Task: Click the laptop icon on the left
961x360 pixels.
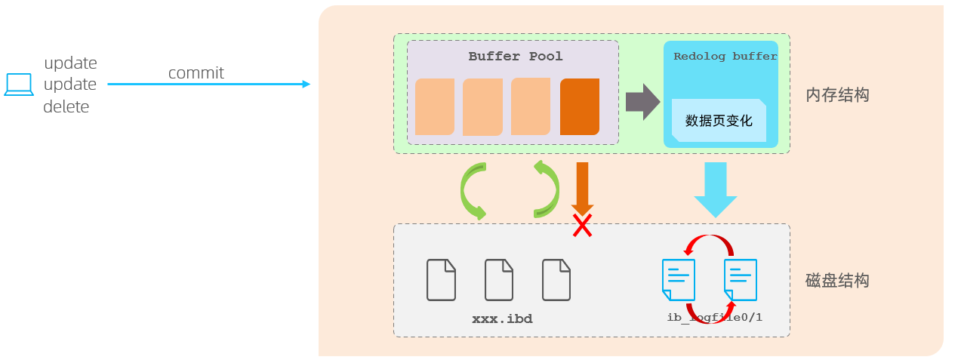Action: point(19,85)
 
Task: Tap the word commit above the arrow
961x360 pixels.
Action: point(196,72)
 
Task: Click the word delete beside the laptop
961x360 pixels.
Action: point(66,107)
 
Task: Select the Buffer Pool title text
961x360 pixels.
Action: point(516,57)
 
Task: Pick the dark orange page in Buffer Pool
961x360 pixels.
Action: point(580,106)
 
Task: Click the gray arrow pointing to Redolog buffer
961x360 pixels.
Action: point(642,102)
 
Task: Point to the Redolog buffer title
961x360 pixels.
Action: point(725,57)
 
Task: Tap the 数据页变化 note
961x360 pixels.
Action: point(719,120)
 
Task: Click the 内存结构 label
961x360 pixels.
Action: point(837,95)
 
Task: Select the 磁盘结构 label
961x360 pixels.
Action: point(837,281)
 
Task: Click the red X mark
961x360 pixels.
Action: point(581,225)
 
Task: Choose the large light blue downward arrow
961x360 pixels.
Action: point(715,189)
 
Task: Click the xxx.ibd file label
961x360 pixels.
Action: point(502,319)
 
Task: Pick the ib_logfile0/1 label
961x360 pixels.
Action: point(714,317)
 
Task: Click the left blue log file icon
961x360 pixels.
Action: point(678,279)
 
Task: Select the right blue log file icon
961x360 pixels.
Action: point(740,279)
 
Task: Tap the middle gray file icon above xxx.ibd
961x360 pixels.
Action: point(499,279)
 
